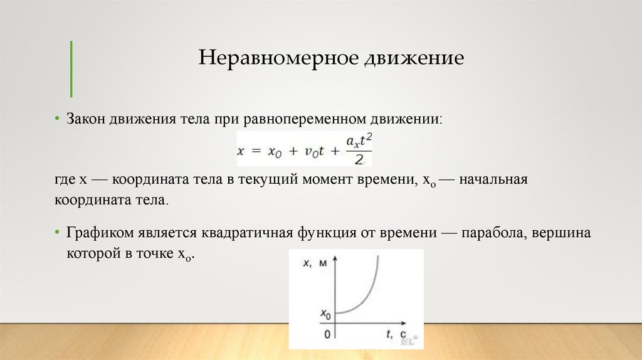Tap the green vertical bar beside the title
[x=71, y=68]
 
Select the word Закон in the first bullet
[x=87, y=119]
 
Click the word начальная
[x=495, y=181]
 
